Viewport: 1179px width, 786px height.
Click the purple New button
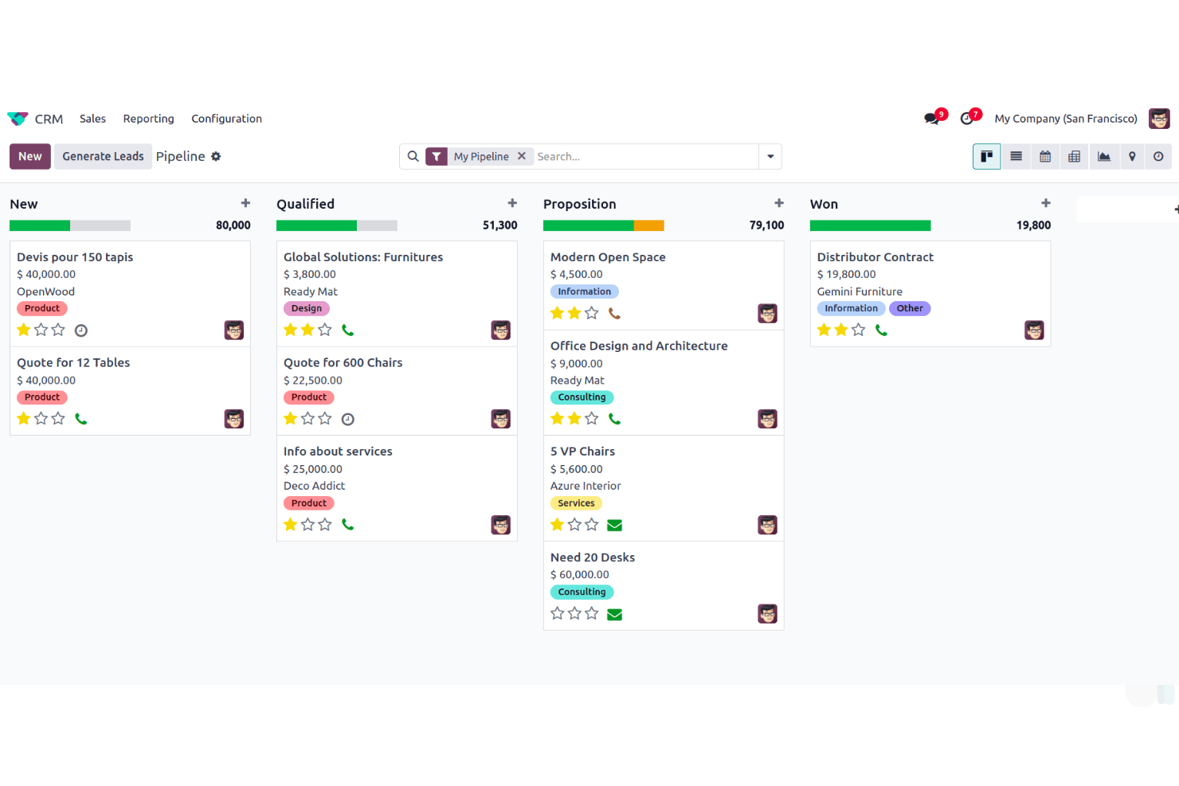pyautogui.click(x=30, y=157)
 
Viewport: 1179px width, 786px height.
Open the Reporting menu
pyautogui.click(x=148, y=119)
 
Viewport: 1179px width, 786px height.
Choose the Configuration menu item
pyautogui.click(x=226, y=119)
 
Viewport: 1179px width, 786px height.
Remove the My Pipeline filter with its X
pyautogui.click(x=522, y=156)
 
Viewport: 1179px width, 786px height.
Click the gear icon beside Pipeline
pyautogui.click(x=216, y=157)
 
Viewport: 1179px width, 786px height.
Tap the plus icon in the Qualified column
pyautogui.click(x=512, y=204)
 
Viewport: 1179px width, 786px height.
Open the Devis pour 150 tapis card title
pyautogui.click(x=75, y=257)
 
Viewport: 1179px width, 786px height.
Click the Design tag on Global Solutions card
pyautogui.click(x=307, y=309)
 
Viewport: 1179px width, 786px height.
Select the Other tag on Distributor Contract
pyautogui.click(x=910, y=309)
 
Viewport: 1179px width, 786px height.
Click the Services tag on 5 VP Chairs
pyautogui.click(x=576, y=503)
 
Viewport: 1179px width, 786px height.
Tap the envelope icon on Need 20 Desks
pyautogui.click(x=614, y=614)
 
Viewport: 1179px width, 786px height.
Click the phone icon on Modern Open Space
pyautogui.click(x=614, y=314)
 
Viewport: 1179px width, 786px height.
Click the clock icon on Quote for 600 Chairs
pyautogui.click(x=348, y=420)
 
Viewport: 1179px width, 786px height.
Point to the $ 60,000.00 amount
pyautogui.click(x=580, y=575)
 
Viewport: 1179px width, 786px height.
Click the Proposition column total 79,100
pyautogui.click(x=766, y=225)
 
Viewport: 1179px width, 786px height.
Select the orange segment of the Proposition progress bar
pyautogui.click(x=648, y=226)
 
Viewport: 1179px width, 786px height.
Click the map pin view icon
pyautogui.click(x=1132, y=157)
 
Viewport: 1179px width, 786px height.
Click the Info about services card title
pyautogui.click(x=338, y=452)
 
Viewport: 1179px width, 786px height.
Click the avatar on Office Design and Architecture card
pyautogui.click(x=767, y=419)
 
